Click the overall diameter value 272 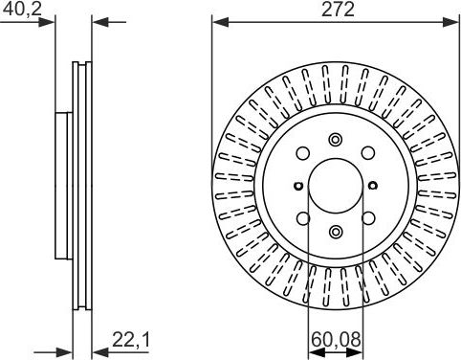pos(338,10)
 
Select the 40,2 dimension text pos(22,10)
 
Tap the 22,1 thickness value pos(131,340)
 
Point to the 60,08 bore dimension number pos(336,340)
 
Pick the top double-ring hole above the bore pos(336,140)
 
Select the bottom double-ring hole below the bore pos(336,232)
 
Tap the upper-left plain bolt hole pos(303,153)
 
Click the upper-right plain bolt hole pos(368,153)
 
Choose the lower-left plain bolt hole pos(303,218)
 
